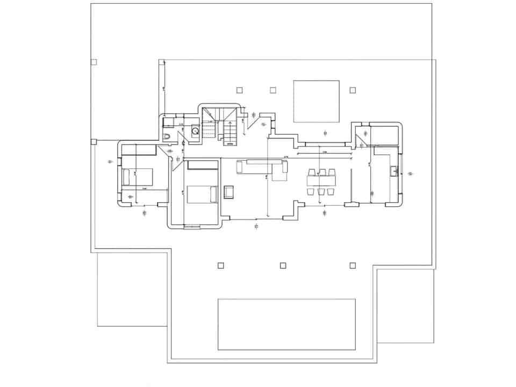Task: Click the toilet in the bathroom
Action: click(x=168, y=137)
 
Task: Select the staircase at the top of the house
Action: click(x=221, y=125)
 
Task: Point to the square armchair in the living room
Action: click(x=230, y=191)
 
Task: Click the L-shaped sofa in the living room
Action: click(x=263, y=168)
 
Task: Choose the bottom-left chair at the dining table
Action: click(x=312, y=191)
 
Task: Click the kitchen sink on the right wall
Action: click(x=394, y=171)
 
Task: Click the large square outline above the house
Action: click(x=316, y=101)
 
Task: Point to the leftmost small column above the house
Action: click(x=239, y=90)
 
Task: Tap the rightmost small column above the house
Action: click(x=353, y=90)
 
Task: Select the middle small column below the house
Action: click(x=283, y=265)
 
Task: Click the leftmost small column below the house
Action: click(x=220, y=265)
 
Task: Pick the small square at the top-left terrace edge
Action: click(x=94, y=62)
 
